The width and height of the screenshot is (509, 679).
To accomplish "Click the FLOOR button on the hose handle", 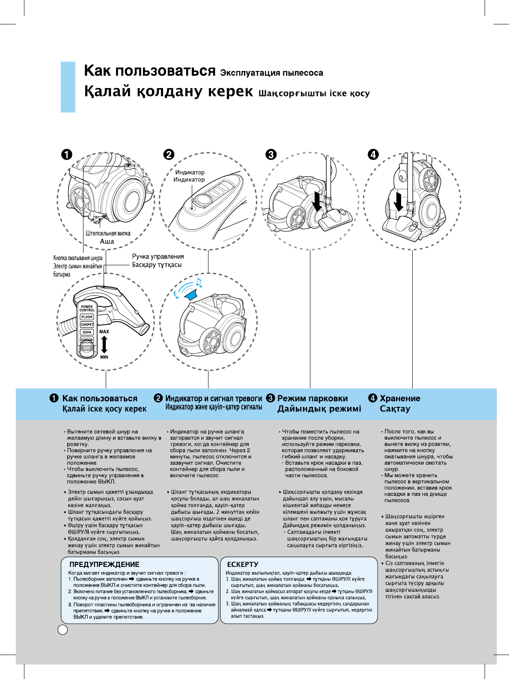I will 87,317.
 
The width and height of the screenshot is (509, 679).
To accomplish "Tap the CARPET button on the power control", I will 87,324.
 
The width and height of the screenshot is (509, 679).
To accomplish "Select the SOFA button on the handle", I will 87,332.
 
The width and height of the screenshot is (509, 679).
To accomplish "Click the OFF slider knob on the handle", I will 87,348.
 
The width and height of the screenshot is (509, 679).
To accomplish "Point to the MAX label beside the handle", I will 104,332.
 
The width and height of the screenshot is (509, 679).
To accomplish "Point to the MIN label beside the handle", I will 104,357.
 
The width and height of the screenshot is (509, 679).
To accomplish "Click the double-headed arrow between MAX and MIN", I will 104,344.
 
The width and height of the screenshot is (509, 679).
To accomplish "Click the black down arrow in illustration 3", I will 317,201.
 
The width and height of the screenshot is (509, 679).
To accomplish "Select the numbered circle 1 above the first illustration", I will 66,154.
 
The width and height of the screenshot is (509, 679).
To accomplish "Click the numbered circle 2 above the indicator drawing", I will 169,154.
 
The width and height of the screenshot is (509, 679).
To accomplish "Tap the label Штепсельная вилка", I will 108,233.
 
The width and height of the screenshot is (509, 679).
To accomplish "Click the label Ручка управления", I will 158,256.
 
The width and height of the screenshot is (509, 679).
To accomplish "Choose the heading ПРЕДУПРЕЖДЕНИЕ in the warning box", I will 104,564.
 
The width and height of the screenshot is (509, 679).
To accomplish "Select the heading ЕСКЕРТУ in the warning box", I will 243,564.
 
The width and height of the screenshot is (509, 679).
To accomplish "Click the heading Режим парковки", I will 313,398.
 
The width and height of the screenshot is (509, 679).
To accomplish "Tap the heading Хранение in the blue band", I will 400,398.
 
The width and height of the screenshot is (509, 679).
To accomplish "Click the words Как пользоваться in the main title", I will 149,71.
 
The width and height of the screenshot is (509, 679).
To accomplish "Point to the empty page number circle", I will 63,629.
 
